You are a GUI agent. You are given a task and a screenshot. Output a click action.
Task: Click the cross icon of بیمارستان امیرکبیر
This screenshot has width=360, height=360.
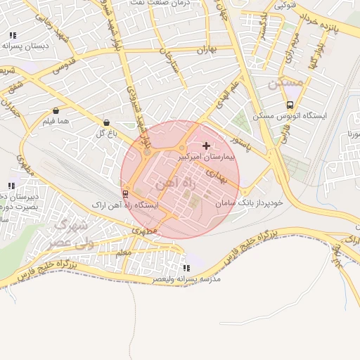pos(205,144)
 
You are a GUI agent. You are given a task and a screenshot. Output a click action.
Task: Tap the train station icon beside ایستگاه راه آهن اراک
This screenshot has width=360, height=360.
pos(125,193)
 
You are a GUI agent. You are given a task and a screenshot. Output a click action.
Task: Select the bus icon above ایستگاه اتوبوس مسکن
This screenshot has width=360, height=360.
pos(290,105)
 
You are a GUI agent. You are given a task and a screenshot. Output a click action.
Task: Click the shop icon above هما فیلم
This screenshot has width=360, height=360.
pos(56,110)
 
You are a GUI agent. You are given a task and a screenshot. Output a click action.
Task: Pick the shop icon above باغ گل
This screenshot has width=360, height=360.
pos(106,122)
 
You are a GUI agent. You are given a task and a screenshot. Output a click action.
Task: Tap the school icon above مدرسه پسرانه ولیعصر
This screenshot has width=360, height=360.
pos(186,268)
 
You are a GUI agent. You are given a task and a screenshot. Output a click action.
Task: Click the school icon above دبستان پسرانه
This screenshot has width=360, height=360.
pos(13,35)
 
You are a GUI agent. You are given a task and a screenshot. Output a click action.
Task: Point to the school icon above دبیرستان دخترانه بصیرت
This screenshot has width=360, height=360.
pos(11,185)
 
